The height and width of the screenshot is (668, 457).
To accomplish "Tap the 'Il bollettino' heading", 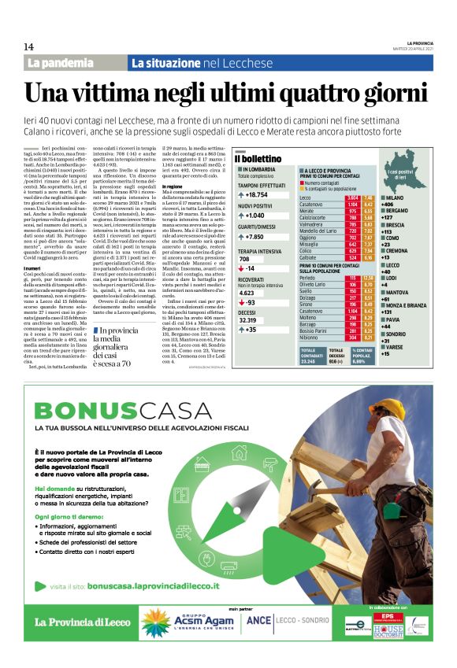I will click(261, 160).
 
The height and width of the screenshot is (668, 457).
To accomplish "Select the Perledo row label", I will click(310, 278).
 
